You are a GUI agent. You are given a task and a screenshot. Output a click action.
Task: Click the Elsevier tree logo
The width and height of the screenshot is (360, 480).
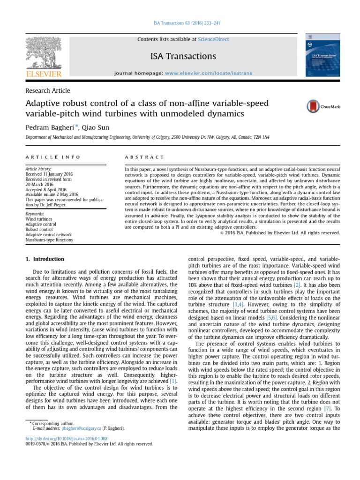(44, 56)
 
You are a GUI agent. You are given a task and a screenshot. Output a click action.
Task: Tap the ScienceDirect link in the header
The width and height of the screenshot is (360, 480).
(214, 39)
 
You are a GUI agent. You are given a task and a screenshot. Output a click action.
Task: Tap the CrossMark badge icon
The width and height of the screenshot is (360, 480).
(323, 107)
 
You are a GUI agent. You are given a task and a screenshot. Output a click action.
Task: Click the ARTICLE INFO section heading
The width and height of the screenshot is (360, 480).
(52, 157)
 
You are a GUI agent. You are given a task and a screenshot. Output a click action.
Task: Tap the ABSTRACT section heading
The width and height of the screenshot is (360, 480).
(144, 157)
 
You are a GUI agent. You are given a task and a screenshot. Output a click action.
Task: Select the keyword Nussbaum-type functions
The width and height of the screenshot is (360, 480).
(49, 240)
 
